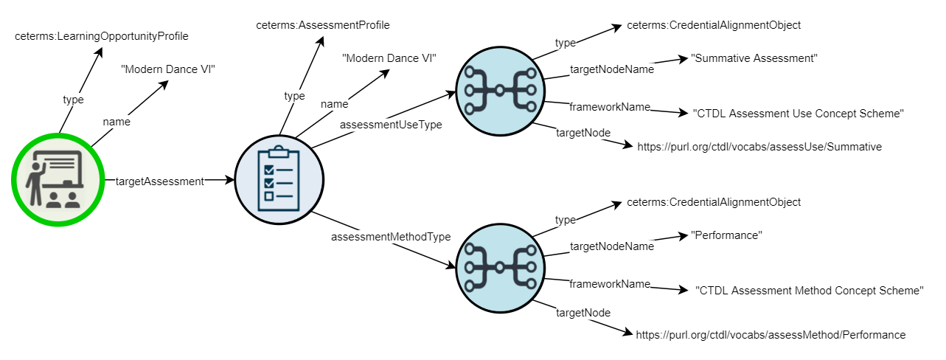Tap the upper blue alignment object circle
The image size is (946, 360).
coord(501,91)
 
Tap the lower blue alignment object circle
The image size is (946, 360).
coord(501,266)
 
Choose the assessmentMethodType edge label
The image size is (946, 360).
coord(391,237)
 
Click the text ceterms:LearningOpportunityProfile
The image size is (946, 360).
coord(102,35)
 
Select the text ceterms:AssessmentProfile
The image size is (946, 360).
coord(323,25)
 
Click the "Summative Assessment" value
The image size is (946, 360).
coord(754,58)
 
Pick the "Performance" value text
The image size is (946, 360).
coord(726,235)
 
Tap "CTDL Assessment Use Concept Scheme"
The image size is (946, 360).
coord(799,114)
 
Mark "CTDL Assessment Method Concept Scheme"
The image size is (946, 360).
coord(810,291)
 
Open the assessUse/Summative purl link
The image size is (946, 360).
coord(759,147)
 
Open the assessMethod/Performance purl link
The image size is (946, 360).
coord(771,335)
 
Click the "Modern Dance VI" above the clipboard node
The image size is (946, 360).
coord(389,58)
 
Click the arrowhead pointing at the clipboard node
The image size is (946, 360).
coord(229,180)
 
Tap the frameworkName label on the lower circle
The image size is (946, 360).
coord(609,284)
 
